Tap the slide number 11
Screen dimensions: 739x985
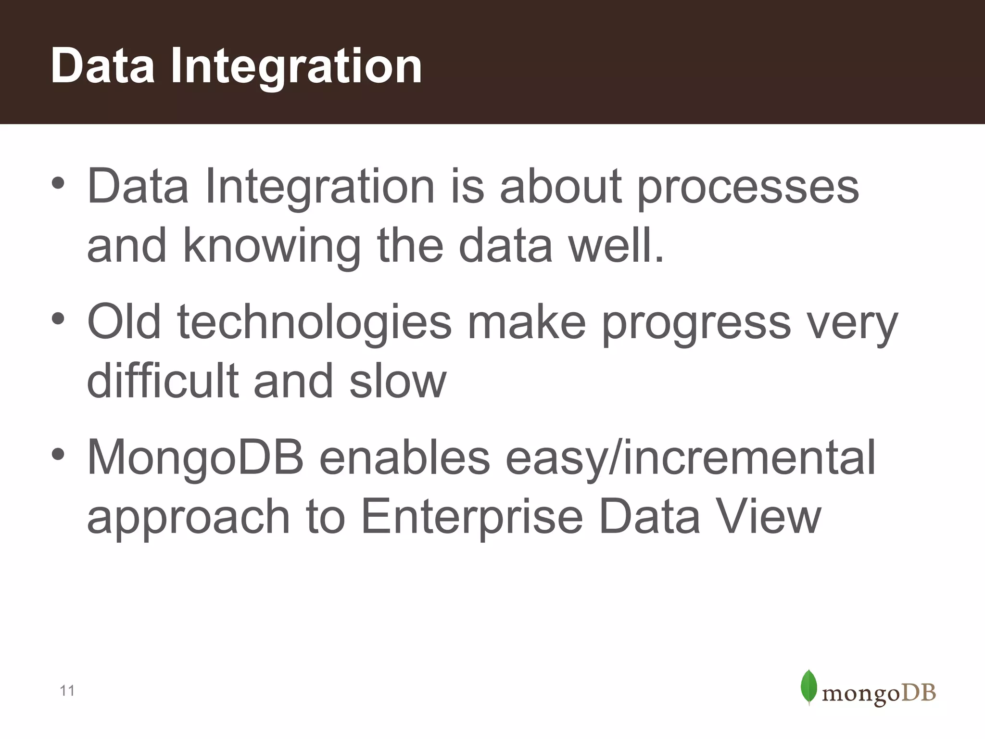tap(67, 691)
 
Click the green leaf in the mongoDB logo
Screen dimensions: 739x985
tap(809, 687)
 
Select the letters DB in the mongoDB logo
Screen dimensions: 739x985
tap(918, 693)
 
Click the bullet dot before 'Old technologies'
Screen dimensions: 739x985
tap(58, 319)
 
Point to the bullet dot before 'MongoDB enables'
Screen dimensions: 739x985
tap(58, 454)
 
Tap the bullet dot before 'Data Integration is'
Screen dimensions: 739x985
tap(58, 183)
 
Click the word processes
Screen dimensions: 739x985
tap(748, 189)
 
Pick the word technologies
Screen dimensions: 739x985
tap(315, 323)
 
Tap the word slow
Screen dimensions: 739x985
tap(398, 382)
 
